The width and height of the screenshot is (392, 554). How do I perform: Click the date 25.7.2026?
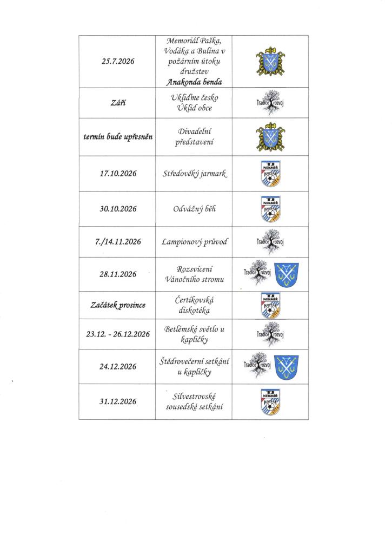pos(118,62)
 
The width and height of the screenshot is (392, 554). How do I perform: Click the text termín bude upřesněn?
pos(118,137)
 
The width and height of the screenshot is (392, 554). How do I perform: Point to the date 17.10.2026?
pos(118,174)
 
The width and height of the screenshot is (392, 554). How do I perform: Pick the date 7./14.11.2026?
pos(118,242)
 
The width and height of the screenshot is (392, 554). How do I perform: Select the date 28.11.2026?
pos(118,274)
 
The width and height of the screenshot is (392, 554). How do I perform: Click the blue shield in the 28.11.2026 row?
pos(287,274)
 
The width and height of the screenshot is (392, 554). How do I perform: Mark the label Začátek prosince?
pos(118,305)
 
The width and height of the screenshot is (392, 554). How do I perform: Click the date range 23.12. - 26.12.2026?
pos(118,334)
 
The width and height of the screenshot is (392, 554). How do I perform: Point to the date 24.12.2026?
pos(118,366)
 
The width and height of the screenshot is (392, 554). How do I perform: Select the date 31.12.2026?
pos(118,401)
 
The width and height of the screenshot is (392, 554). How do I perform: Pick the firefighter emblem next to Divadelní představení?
pos(270,137)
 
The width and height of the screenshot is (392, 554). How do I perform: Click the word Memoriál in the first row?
pos(183,41)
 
